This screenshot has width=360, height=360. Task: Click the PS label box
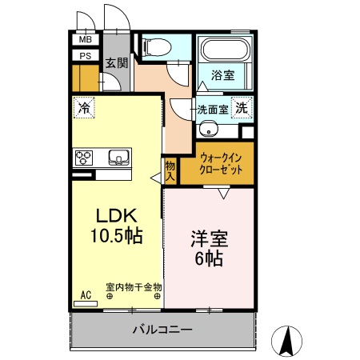[85, 55]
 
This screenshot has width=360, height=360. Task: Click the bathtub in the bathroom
[225, 50]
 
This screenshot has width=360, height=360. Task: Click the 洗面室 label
[212, 109]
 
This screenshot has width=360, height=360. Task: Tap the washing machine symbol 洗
[241, 109]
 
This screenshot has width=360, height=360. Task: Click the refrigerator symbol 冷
[83, 106]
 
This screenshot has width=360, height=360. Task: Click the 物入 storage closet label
[170, 170]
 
